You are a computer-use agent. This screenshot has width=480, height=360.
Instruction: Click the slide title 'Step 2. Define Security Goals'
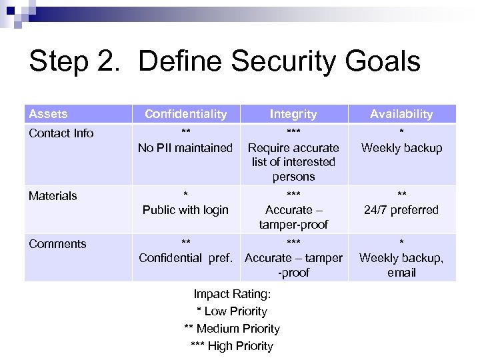coord(225,62)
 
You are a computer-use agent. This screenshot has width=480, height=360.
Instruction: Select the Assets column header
coord(49,114)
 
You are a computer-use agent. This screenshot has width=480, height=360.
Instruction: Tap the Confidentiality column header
coord(185,114)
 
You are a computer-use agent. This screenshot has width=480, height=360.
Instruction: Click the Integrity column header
coord(293,114)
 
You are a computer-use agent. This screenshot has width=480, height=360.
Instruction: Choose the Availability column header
coord(401,114)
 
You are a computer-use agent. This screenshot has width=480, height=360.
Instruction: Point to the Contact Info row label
coord(61,133)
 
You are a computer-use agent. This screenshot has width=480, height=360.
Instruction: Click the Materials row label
coord(53,196)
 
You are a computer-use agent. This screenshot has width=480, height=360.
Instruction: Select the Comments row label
coord(57,244)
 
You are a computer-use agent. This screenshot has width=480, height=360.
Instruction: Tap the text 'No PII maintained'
coord(185,148)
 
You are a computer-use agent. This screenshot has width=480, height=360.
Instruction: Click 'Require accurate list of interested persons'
coord(293,162)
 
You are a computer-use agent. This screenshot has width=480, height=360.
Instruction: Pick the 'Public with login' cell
coord(185,210)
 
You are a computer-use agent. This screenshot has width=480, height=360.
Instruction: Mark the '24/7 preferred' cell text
coord(401,210)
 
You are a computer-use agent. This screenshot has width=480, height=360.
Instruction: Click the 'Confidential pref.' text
coord(185,258)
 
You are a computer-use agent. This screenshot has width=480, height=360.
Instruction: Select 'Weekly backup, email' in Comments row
coord(401,265)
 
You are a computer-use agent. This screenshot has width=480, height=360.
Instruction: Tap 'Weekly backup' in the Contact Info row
coord(401,148)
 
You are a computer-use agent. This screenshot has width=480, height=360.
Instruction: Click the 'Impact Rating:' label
coord(231,294)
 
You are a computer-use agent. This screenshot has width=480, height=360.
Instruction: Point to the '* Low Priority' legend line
coord(231,311)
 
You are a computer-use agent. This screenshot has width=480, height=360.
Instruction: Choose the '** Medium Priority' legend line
coord(231,329)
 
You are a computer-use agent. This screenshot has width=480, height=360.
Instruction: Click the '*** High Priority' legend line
coord(231,346)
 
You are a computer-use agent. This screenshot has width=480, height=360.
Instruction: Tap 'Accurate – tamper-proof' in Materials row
coord(293,217)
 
